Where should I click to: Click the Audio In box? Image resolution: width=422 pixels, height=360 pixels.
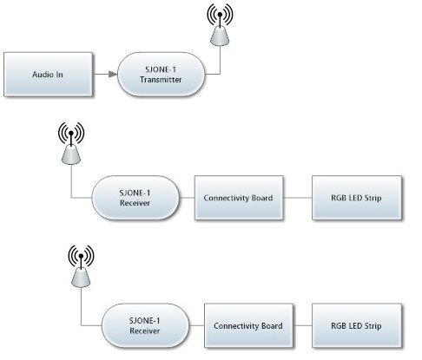[48, 75]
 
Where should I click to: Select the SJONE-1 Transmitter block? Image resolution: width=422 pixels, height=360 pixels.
[162, 75]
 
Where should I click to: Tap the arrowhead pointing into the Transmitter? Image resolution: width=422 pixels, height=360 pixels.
[113, 75]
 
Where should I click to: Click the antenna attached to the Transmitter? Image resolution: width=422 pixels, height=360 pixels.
[220, 24]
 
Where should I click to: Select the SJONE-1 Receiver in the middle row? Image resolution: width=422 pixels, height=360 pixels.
[135, 198]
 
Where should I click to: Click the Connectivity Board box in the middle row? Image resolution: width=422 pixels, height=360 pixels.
[239, 198]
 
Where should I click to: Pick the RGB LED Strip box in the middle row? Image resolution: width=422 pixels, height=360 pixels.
[357, 198]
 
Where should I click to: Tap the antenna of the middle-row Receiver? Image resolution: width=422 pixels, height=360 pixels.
[71, 143]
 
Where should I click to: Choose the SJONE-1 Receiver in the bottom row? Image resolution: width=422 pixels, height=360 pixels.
[145, 325]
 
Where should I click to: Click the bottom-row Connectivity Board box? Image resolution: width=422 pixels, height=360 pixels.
[248, 325]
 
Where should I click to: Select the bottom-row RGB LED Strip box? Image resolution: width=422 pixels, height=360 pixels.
[357, 325]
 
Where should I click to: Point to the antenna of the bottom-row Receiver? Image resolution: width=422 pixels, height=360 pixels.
[81, 266]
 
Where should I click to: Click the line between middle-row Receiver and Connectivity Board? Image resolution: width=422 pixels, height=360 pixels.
[187, 198]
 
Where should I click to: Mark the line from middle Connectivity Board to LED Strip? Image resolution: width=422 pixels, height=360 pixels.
[298, 198]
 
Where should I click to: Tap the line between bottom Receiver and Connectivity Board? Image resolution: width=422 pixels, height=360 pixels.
[197, 325]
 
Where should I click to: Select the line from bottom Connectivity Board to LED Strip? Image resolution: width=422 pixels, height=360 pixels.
[302, 325]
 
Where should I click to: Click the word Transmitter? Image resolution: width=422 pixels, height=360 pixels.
[161, 80]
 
